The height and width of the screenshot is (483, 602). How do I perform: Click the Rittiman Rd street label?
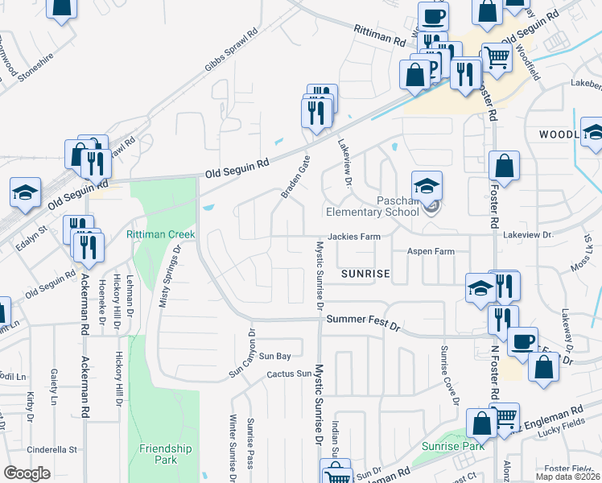click(x=378, y=34)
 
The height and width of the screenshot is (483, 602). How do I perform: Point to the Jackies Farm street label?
click(x=353, y=237)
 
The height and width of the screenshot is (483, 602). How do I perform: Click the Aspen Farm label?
click(x=431, y=252)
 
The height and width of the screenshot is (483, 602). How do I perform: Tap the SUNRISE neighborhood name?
click(x=365, y=274)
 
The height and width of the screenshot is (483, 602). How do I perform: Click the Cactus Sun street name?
click(x=289, y=374)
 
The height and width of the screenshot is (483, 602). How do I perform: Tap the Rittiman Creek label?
click(x=160, y=234)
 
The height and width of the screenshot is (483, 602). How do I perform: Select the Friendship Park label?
click(x=158, y=454)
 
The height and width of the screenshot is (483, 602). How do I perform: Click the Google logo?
click(x=27, y=473)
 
